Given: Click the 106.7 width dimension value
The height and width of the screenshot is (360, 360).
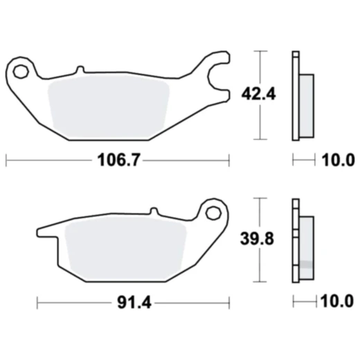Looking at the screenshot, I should pos(116,161).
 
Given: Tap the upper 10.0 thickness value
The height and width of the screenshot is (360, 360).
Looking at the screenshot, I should pos(338,161).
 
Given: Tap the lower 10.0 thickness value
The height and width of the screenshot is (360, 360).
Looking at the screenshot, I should pos(338,303).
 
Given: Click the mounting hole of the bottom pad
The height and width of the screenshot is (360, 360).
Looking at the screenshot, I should pos(213,213).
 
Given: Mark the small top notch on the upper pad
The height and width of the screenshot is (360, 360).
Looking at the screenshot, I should pos(80,69).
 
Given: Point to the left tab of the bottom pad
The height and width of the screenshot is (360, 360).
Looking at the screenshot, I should pos(46,231).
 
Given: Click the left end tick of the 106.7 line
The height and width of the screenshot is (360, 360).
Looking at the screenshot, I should pos(6,161).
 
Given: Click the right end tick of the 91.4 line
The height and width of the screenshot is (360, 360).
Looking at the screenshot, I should pos(228,303).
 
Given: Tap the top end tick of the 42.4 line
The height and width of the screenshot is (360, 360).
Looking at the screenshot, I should pos(260,51).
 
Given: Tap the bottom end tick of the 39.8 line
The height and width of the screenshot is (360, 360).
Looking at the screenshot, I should pos(260,282).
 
